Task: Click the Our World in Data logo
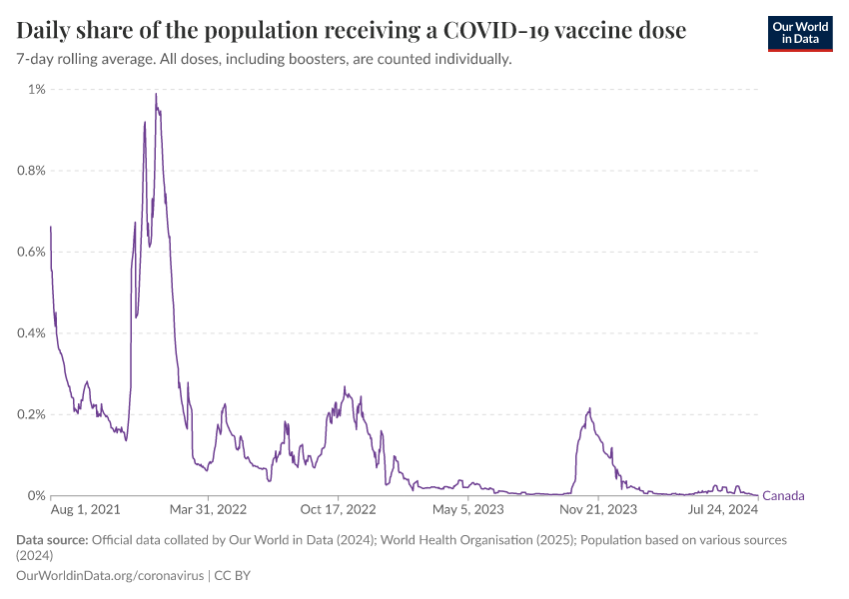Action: tap(799, 32)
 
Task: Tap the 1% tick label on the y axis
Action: tap(36, 90)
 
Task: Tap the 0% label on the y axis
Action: tap(36, 495)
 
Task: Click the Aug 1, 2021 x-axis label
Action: tap(85, 510)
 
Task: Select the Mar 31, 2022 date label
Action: tap(208, 510)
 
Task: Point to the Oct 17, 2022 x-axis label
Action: tap(339, 510)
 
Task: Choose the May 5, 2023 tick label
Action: tap(468, 510)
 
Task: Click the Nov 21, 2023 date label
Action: tap(598, 510)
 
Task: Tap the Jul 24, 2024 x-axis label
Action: tap(724, 510)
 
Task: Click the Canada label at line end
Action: tap(783, 496)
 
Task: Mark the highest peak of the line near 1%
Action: tap(156, 94)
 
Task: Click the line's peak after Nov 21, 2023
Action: tap(590, 408)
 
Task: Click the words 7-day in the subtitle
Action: tap(37, 60)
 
